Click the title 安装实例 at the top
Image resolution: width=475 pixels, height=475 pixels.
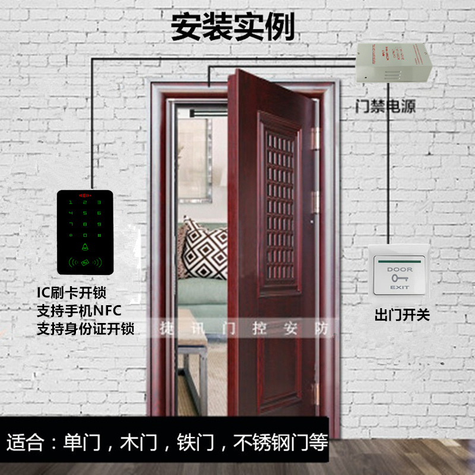[232, 27]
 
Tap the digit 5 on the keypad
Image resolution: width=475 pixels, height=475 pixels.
[85, 213]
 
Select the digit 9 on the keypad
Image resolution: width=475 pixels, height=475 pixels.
[99, 224]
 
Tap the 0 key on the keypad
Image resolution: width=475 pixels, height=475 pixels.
[85, 235]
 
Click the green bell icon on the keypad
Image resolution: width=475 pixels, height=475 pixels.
[85, 248]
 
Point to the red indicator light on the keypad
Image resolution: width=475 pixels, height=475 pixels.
[85, 195]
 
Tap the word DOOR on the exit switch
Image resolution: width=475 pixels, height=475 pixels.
[400, 269]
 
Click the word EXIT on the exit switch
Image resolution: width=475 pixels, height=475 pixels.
[400, 287]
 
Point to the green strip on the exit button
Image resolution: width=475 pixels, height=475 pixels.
[399, 259]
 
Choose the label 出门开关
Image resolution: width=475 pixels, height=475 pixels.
[401, 315]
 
